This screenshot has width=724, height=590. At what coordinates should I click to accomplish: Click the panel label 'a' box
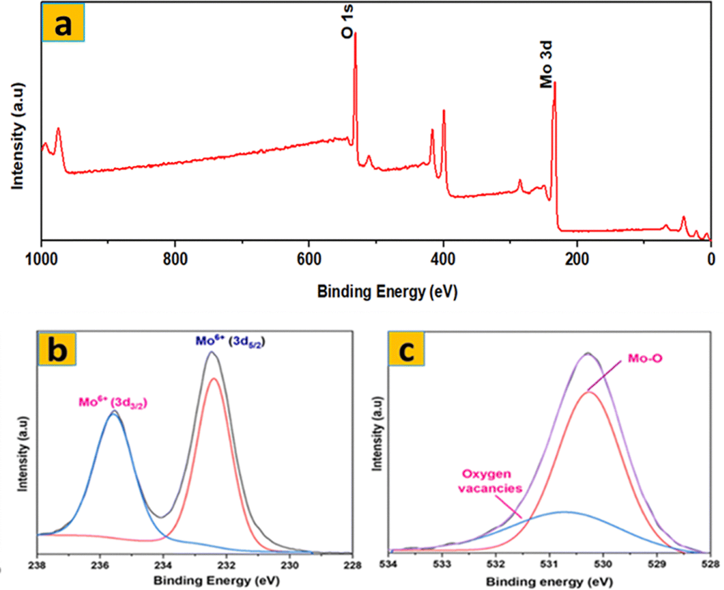tap(63, 24)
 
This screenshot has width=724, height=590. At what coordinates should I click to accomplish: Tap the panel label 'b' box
tap(57, 350)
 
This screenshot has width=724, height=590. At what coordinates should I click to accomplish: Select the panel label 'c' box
tap(406, 350)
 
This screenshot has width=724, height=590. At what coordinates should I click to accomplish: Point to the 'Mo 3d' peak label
tap(547, 65)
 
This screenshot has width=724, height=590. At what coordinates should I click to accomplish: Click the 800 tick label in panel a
tap(175, 260)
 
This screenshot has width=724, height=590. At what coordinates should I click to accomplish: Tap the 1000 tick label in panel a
tap(41, 260)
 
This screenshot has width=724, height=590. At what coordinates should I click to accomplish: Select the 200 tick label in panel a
tap(577, 260)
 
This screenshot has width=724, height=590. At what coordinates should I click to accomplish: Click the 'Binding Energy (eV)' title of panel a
tap(387, 292)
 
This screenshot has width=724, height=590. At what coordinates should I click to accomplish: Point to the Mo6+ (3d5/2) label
tap(230, 341)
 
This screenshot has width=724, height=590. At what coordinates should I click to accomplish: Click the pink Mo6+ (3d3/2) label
tap(113, 402)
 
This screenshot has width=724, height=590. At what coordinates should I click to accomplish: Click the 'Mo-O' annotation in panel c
tap(645, 359)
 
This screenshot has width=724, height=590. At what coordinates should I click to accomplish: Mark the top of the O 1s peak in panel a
tap(355, 34)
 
